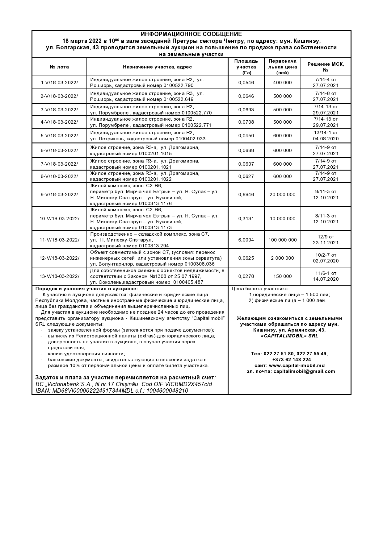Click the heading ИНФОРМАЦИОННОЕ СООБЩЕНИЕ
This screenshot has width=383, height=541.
click(191, 34)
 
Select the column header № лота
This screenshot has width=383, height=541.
click(59, 67)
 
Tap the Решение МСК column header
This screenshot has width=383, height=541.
click(326, 67)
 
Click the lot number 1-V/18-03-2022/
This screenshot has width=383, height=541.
click(59, 82)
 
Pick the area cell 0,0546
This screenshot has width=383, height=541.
click(246, 82)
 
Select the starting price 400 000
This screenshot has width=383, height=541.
click(282, 82)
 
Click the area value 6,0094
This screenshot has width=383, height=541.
click(246, 240)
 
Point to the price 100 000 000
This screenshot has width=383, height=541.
click(282, 240)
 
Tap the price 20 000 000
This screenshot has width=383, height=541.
click(282, 195)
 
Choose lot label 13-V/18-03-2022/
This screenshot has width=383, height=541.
click(59, 276)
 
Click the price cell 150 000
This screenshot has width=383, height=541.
click(282, 276)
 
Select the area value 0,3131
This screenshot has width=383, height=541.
click(246, 219)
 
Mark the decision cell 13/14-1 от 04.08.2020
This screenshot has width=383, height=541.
click(326, 136)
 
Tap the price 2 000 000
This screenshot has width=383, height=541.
click(282, 258)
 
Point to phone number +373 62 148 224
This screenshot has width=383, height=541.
click(292, 360)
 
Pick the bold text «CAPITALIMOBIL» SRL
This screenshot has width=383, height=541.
click(289, 336)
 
